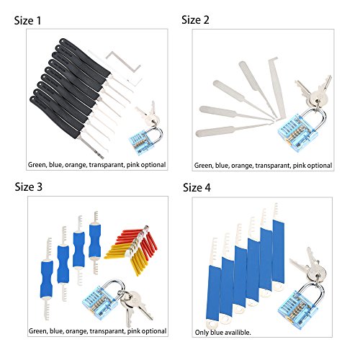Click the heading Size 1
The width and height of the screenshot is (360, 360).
[27, 21]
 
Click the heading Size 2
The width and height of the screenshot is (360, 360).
[195, 20]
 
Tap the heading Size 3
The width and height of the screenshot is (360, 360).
[28, 187]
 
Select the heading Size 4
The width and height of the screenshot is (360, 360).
[197, 188]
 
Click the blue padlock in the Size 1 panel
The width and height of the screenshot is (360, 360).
[143, 141]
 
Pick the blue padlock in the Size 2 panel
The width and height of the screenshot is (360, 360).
[300, 127]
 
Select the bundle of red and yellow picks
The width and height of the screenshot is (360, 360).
[132, 250]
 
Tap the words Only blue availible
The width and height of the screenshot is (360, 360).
[222, 333]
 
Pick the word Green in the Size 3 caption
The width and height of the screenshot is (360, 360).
[38, 331]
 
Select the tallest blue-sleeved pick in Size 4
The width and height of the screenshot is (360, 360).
[278, 247]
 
